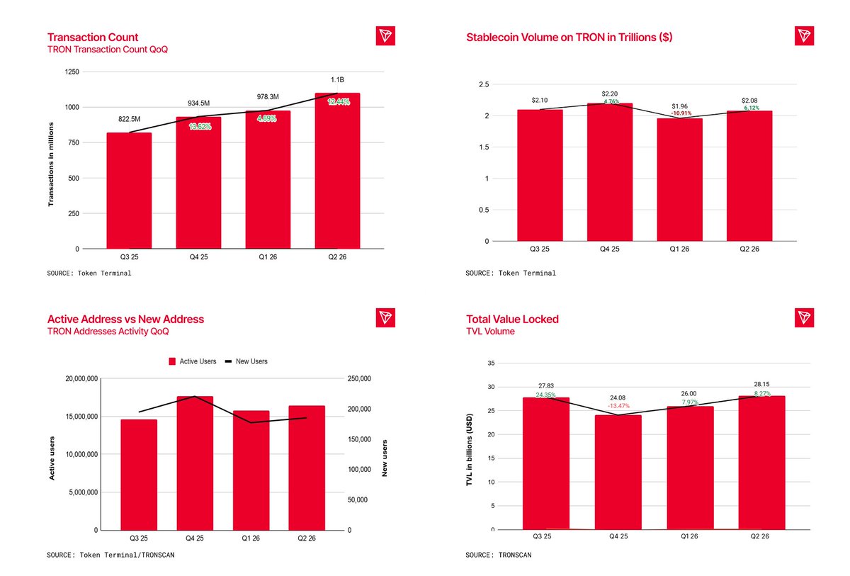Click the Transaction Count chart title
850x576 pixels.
coord(93,37)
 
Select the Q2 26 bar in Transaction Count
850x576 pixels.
coord(337,171)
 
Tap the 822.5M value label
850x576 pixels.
coord(129,119)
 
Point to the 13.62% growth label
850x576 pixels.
coord(200,126)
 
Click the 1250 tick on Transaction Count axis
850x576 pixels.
coord(72,72)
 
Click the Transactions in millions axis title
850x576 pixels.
coord(51,164)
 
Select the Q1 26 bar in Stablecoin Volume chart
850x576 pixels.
coord(679,179)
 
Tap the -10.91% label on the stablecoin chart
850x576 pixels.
coord(681,113)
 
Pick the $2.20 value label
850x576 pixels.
coord(609,94)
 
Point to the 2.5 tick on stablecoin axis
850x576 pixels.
coord(484,84)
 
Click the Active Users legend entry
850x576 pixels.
coord(193,361)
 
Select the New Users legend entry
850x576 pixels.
coord(246,361)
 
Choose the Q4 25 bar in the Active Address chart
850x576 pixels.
coord(195,463)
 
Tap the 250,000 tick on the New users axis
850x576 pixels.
coord(359,379)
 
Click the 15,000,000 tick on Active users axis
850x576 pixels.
coord(81,417)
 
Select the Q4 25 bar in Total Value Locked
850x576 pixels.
coord(618,472)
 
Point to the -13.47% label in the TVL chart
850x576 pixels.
coord(618,406)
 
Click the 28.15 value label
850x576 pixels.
coord(761,384)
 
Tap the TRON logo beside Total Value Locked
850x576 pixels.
coord(804,317)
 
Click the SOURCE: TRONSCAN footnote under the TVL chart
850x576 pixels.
coord(498,555)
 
